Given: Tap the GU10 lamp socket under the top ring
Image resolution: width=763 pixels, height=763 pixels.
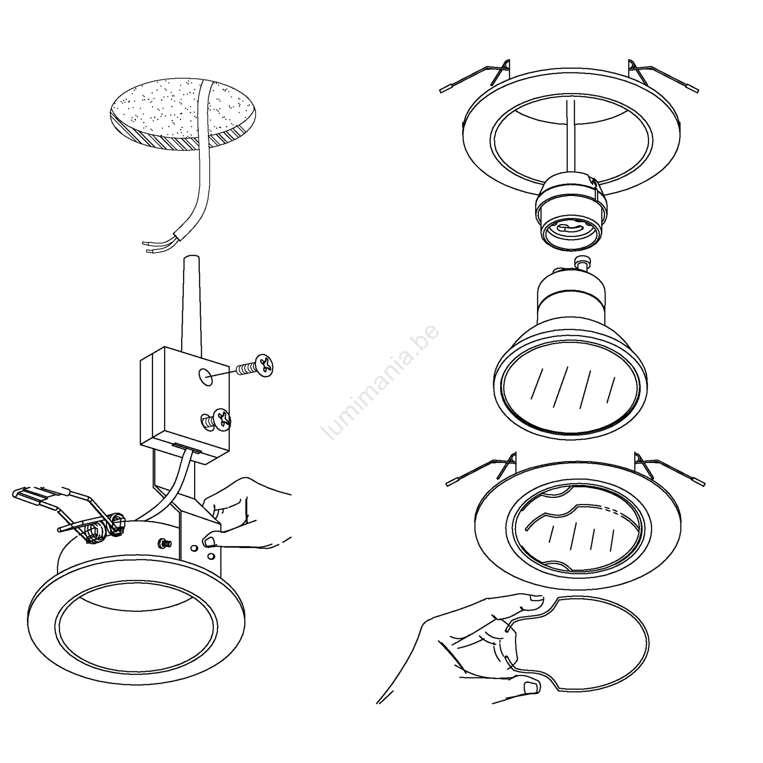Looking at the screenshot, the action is point(572,214).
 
